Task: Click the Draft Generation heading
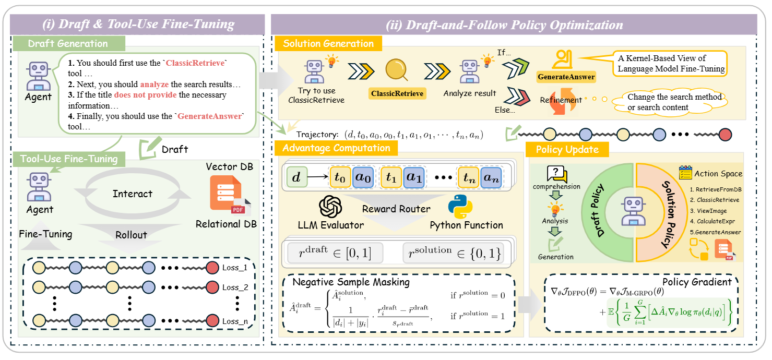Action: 68,43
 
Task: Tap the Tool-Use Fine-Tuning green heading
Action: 69,159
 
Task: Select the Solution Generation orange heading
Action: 328,43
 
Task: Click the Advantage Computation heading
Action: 336,148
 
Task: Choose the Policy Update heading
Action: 567,150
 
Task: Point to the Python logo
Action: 460,207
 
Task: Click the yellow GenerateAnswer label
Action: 566,77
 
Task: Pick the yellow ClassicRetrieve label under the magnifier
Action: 397,94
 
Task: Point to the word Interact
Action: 133,194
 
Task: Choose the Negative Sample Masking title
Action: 351,282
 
